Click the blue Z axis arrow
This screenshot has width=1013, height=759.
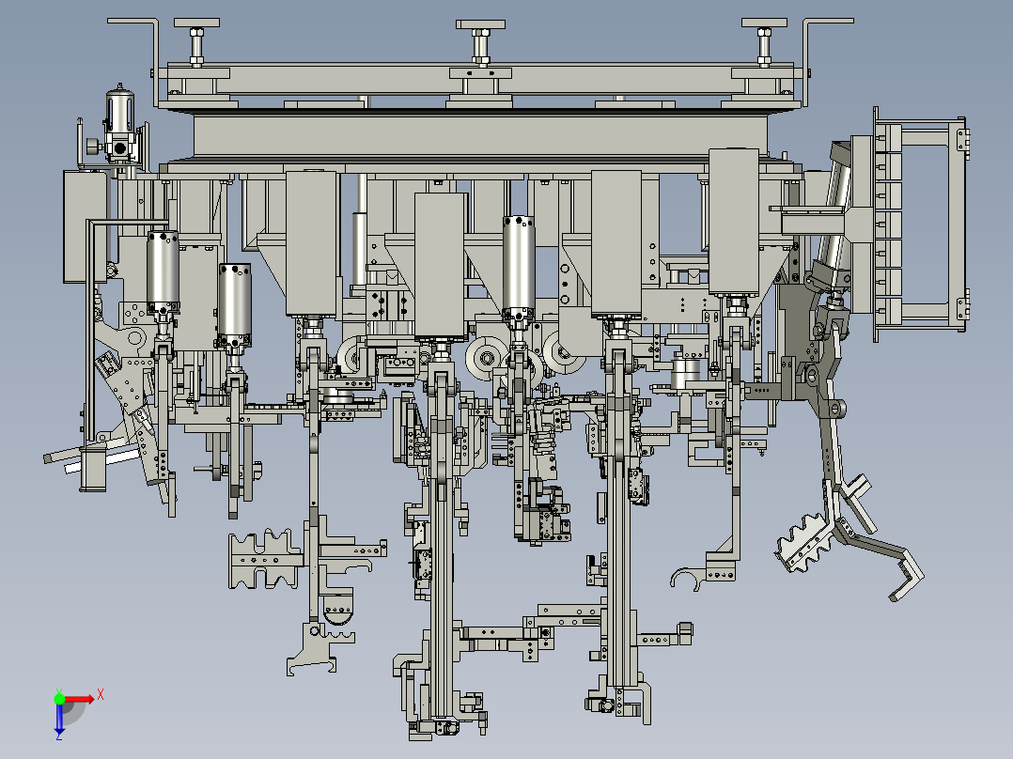[58, 721]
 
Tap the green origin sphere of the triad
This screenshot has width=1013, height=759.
[59, 698]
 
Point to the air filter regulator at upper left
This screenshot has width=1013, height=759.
[119, 127]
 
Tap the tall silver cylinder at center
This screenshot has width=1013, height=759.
[519, 263]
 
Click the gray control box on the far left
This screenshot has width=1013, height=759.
[84, 225]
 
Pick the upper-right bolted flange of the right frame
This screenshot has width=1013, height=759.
[961, 139]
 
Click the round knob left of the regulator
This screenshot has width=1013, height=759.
[91, 147]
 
